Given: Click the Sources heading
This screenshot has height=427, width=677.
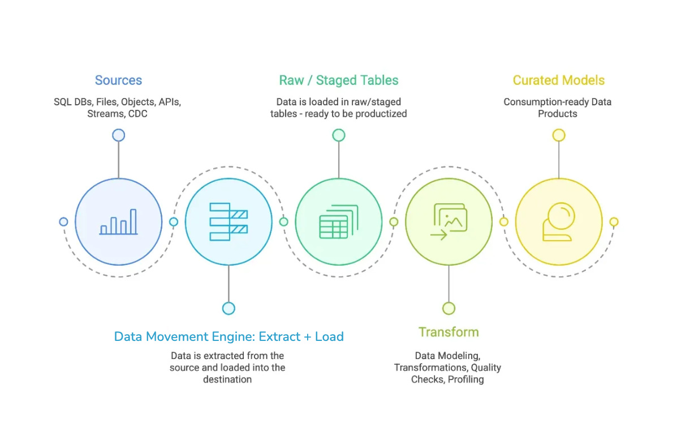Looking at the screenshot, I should point(118,80).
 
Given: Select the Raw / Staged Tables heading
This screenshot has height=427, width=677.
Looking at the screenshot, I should point(338,80).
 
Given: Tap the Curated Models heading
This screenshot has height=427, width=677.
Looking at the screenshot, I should point(558,80).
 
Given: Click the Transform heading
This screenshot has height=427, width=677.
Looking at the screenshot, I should point(449,332).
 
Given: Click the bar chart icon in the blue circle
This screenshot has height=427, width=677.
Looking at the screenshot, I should point(119,222).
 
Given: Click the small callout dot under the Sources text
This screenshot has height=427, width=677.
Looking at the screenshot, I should point(118,135).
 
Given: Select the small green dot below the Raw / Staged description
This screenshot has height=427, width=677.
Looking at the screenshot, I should point(338,135).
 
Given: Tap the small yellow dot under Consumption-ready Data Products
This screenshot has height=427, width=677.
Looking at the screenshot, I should point(558,135).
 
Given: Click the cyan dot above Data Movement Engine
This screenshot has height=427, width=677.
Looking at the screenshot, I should point(228,308).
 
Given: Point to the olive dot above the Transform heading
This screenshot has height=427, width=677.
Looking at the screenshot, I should point(449,308).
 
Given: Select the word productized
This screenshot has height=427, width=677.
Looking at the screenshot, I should point(381,113).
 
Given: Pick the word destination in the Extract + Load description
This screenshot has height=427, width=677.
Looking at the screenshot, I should point(227,379).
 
